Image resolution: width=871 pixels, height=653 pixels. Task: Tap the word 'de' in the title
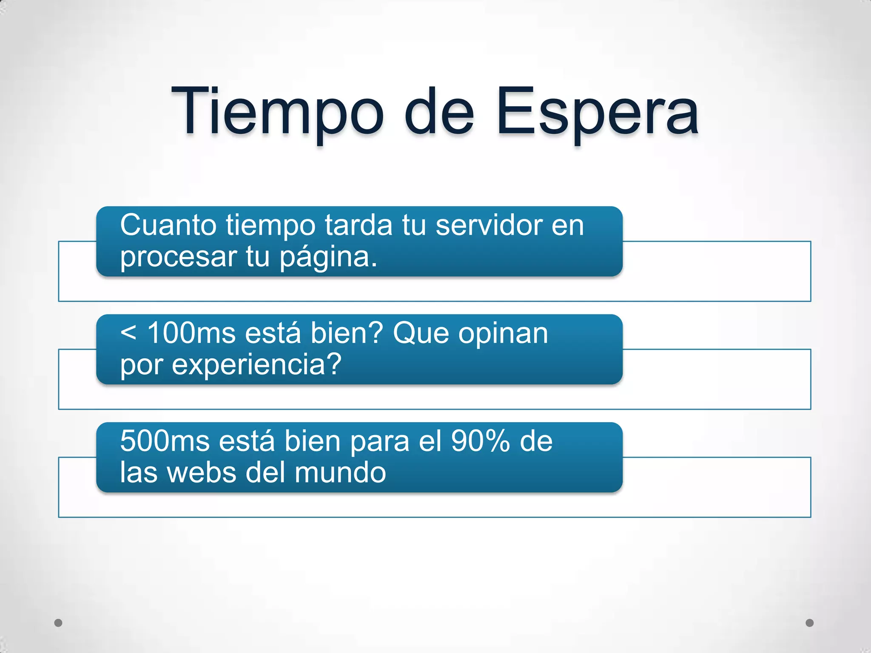pos(439,111)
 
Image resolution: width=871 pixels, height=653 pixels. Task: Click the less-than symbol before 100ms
pos(128,333)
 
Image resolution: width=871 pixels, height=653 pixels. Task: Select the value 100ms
pos(191,333)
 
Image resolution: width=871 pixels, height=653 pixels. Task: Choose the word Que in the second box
pos(421,333)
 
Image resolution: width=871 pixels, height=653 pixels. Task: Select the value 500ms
pos(165,441)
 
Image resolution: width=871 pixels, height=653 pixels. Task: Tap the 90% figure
pos(480,441)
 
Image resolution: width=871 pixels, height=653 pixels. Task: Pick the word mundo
pos(340,473)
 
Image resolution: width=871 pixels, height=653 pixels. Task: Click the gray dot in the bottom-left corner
pos(58,623)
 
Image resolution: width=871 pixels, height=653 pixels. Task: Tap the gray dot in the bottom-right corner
pos(810,623)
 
